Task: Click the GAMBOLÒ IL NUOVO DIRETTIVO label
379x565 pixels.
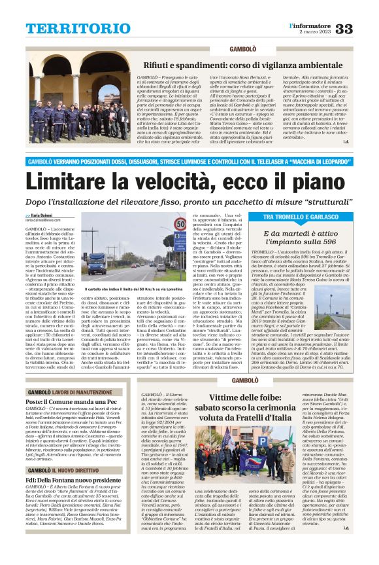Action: coord(65,488)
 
